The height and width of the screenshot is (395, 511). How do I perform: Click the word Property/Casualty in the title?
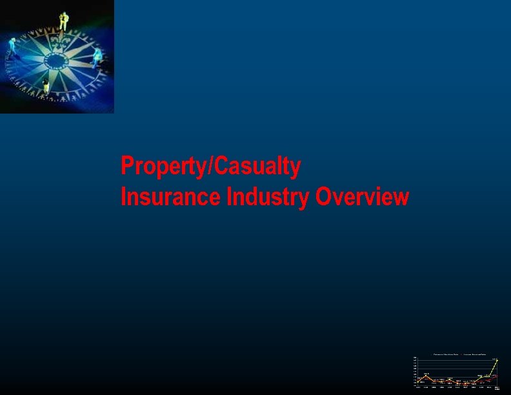(210, 167)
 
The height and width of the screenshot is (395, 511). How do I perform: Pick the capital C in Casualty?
(220, 167)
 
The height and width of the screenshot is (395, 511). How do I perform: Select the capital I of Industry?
(229, 197)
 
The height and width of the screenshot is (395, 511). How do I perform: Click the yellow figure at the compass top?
(63, 21)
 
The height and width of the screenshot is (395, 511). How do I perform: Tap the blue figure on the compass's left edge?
(12, 47)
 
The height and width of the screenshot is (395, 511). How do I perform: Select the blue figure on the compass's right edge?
(97, 57)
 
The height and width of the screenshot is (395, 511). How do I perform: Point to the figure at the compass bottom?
(46, 86)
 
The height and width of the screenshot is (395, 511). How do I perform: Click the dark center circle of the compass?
(56, 61)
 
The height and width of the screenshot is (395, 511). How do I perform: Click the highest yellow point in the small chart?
(497, 360)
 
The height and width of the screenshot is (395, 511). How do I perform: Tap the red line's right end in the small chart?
(497, 375)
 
